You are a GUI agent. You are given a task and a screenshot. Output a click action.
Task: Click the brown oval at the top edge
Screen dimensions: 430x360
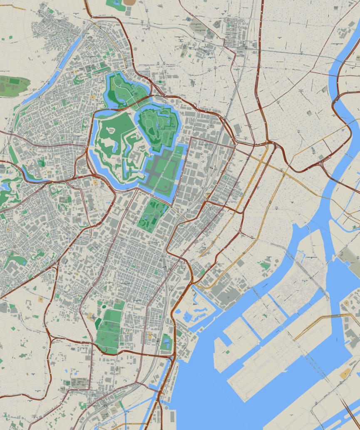tap(130, 2)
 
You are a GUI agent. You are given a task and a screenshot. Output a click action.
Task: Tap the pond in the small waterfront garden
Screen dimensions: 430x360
tap(167, 343)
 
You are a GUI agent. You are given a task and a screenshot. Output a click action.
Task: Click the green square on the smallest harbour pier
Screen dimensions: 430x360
tap(227, 352)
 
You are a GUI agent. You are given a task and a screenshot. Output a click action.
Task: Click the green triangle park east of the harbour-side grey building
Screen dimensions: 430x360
tap(263, 265)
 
